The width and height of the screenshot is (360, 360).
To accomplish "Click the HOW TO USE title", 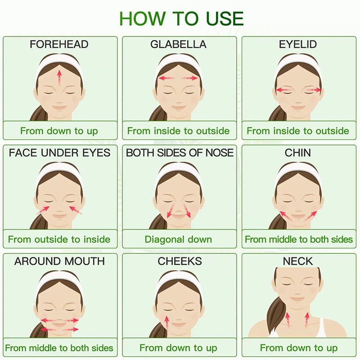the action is click(181, 18).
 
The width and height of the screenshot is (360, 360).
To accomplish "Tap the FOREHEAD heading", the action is click(59, 44).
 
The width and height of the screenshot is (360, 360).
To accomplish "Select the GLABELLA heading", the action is click(178, 44).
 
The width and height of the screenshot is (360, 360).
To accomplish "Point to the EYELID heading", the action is click(298, 44).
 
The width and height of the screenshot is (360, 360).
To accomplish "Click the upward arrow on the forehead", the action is click(59, 77).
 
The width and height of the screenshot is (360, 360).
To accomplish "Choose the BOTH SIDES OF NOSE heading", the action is click(180, 153).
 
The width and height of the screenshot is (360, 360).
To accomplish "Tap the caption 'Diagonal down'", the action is click(178, 239).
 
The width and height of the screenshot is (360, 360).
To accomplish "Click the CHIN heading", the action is click(298, 153).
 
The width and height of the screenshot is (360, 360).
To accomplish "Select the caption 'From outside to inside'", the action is click(59, 239).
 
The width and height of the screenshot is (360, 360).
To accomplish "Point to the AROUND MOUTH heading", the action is click(59, 261).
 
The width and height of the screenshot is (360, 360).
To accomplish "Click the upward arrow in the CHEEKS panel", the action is click(167, 323).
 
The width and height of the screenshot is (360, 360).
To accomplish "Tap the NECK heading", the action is click(298, 261).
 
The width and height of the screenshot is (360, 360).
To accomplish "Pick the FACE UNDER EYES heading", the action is click(59, 153).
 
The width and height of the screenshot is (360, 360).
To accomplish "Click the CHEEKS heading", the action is click(180, 261).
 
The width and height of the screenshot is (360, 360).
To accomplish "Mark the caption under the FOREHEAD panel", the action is click(59, 131).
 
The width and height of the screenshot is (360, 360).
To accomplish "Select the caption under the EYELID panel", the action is click(298, 131).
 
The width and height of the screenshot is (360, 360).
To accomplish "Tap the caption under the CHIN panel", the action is click(299, 239).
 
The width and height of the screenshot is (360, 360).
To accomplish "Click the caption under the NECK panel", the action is click(299, 348).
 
